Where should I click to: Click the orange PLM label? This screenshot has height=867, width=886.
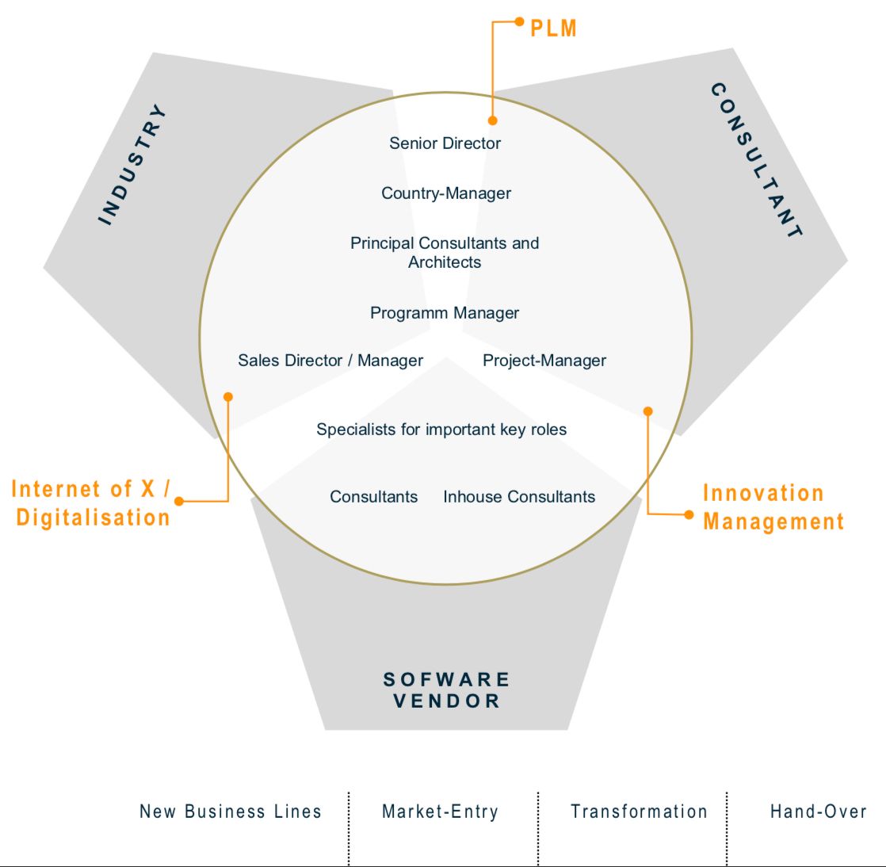pos(553,29)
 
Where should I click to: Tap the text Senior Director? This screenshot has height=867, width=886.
pos(445,143)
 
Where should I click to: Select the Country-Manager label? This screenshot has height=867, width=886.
pos(446,193)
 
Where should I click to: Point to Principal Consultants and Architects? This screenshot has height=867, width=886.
pos(445,252)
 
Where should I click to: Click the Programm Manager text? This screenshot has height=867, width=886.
pos(445,313)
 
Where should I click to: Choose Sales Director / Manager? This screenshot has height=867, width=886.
pos(330,361)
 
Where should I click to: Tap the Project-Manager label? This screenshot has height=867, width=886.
pos(544,361)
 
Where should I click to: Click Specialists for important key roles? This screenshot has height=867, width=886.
pos(441,430)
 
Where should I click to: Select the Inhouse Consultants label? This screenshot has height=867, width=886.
pos(519,497)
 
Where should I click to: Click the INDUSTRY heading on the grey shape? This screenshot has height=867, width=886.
pos(133,164)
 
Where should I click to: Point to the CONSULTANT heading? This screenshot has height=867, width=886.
pos(757,160)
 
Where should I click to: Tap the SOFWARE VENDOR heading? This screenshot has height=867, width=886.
pos(447,690)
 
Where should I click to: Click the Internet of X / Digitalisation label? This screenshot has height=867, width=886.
pos(92,503)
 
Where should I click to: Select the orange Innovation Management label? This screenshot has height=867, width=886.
pos(773,507)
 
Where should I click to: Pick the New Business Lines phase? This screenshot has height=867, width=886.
pos(231,812)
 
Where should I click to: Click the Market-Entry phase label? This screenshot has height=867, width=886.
pos(440,812)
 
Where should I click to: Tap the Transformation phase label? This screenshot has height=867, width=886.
pos(639,812)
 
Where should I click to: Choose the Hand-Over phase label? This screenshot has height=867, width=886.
pos(818,812)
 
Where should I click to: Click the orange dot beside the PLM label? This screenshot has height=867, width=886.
pos(520,21)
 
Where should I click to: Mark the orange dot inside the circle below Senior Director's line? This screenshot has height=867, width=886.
pos(493,120)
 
